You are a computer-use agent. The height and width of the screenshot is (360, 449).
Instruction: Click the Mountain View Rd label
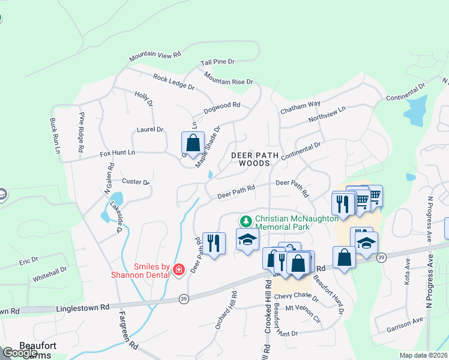pyautogui.click(x=155, y=55)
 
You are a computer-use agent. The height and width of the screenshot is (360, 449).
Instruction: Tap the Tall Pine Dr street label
pyautogui.click(x=217, y=62)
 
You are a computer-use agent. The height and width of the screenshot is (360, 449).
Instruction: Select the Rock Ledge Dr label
pyautogui.click(x=173, y=82)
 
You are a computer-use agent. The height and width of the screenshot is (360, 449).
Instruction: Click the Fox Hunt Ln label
pyautogui.click(x=118, y=154)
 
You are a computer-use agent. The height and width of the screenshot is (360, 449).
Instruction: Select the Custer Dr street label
pyautogui.click(x=135, y=181)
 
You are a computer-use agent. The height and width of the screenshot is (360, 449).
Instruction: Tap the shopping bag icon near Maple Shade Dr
pyautogui.click(x=193, y=143)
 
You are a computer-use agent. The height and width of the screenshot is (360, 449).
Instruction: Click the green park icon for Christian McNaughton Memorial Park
pyautogui.click(x=246, y=220)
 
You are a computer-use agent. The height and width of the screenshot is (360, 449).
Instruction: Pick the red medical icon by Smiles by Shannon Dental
pyautogui.click(x=178, y=270)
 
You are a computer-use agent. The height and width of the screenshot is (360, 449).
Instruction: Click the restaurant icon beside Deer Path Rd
pyautogui.click(x=214, y=243)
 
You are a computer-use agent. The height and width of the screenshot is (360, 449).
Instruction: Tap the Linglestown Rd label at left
pyautogui.click(x=83, y=307)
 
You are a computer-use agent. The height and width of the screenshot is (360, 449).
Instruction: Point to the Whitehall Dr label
pyautogui.click(x=50, y=275)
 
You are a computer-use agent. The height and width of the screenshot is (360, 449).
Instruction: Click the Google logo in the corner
pyautogui.click(x=19, y=353)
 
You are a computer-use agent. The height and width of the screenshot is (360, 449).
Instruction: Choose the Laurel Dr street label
pyautogui.click(x=150, y=130)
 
